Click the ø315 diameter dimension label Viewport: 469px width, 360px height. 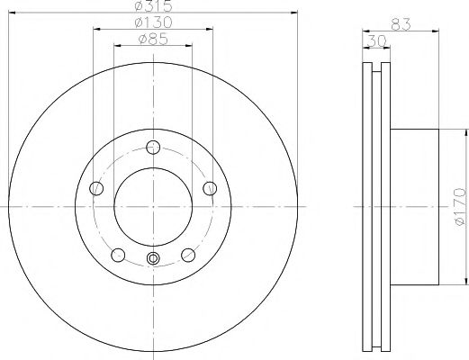pyautogui.click(x=154, y=6)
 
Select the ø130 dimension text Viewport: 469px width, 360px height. pyautogui.click(x=154, y=22)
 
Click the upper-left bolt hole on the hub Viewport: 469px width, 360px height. pyautogui.click(x=97, y=187)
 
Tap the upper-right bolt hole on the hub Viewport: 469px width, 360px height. pyautogui.click(x=210, y=187)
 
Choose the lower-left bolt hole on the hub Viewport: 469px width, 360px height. pyautogui.click(x=118, y=254)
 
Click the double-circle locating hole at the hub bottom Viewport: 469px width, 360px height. pyautogui.click(x=153, y=259)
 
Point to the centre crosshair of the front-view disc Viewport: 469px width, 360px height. pyautogui.click(x=153, y=205)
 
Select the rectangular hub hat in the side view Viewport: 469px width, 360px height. pyautogui.click(x=416, y=205)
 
